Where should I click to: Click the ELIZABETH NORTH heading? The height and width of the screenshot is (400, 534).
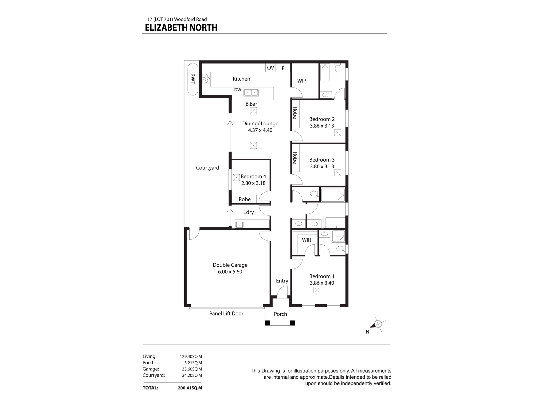pyautogui.click(x=181, y=28)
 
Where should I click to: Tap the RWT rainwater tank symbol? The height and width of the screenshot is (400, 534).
pyautogui.click(x=193, y=79)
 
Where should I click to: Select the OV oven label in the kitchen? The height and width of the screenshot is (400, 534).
pyautogui.click(x=270, y=68)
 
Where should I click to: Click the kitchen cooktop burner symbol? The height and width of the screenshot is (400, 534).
pyautogui.click(x=206, y=78)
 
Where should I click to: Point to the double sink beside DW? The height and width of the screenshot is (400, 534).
pyautogui.click(x=251, y=93)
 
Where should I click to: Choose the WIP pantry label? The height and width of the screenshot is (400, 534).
pyautogui.click(x=302, y=81)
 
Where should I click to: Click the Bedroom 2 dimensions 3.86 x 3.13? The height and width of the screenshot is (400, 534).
pyautogui.click(x=322, y=126)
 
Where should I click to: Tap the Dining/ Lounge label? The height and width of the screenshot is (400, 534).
pyautogui.click(x=260, y=123)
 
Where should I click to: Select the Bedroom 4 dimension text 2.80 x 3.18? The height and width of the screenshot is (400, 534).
pyautogui.click(x=253, y=183)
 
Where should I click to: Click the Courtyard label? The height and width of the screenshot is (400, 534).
pyautogui.click(x=207, y=168)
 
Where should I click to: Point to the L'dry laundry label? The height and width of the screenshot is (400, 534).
pyautogui.click(x=248, y=212)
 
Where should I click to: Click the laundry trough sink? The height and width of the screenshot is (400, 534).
pyautogui.click(x=239, y=224)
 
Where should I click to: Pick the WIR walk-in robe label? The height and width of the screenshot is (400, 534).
pyautogui.click(x=306, y=240)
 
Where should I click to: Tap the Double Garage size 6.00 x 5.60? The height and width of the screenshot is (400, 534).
pyautogui.click(x=230, y=272)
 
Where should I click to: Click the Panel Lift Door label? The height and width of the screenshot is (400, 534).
pyautogui.click(x=226, y=314)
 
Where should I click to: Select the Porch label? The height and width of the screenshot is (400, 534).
pyautogui.click(x=280, y=314)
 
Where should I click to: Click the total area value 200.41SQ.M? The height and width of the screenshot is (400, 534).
pyautogui.click(x=190, y=388)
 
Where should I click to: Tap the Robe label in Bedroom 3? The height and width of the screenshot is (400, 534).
pyautogui.click(x=295, y=158)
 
